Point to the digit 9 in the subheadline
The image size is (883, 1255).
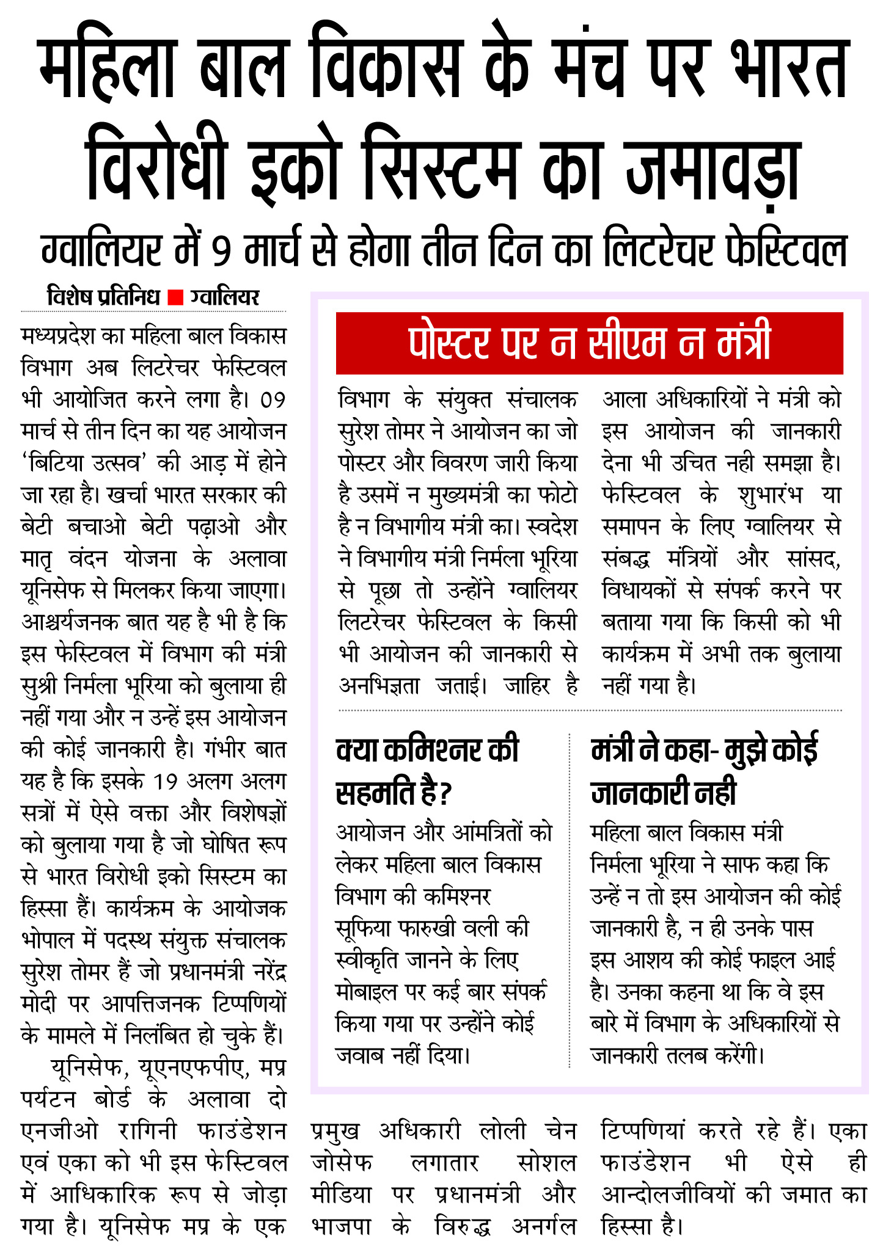[x=221, y=250]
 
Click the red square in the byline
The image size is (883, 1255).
[x=175, y=297]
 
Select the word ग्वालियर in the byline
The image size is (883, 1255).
[x=224, y=297]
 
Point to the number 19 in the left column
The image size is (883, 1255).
[x=165, y=781]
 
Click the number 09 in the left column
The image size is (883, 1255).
[x=273, y=400]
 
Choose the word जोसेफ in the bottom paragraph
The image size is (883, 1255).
[x=342, y=1163]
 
